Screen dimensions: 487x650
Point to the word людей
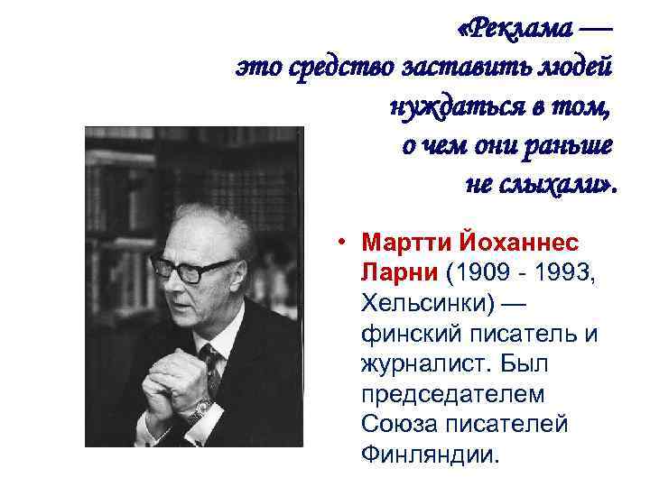coord(575,68)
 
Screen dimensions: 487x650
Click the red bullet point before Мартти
coord(347,243)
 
